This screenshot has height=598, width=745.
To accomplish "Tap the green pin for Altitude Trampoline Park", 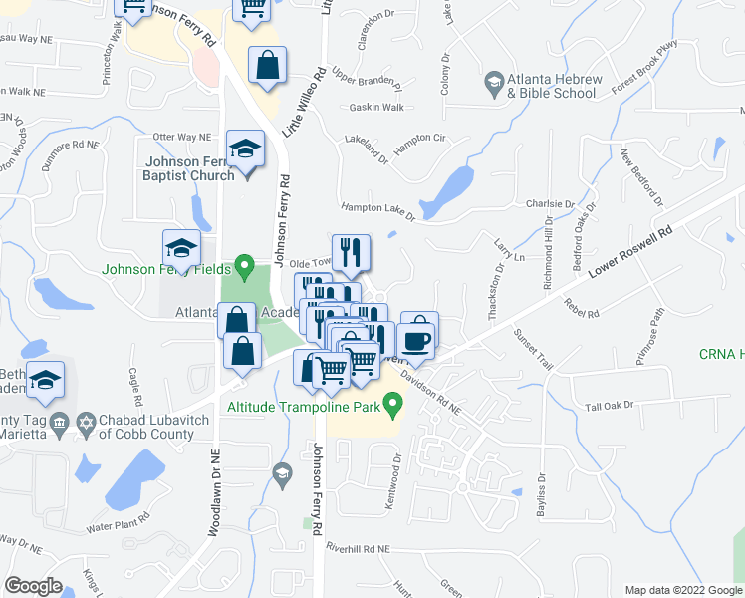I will (x=392, y=406).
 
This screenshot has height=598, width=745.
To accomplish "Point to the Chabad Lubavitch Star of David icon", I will (x=86, y=423).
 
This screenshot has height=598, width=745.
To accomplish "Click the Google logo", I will (x=33, y=586).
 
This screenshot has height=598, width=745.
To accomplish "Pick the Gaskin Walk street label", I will (x=376, y=108).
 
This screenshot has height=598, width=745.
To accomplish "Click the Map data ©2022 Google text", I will (x=682, y=590).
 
